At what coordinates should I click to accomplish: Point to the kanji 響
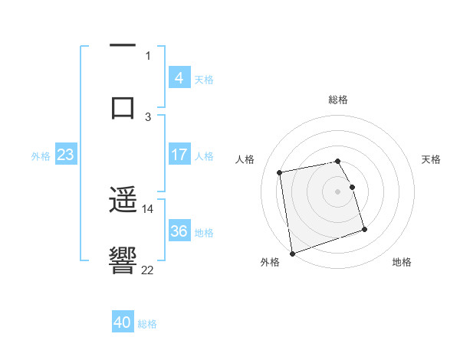click(123, 260)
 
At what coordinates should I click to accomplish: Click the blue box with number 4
click(179, 78)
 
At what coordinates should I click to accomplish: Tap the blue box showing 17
click(179, 155)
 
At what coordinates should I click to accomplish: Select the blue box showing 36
click(179, 231)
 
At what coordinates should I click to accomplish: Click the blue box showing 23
click(65, 155)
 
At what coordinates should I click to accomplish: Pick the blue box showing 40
click(122, 322)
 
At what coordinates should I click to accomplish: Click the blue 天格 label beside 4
click(204, 79)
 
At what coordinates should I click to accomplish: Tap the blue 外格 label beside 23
click(41, 155)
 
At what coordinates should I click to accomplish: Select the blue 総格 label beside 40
click(147, 323)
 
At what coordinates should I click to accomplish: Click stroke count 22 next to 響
click(148, 269)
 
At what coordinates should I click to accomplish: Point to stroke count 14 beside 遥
click(148, 208)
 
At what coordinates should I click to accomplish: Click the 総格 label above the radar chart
click(337, 100)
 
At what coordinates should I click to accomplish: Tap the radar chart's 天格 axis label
click(431, 159)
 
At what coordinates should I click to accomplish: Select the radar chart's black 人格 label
click(245, 159)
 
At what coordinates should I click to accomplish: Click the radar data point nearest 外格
click(291, 253)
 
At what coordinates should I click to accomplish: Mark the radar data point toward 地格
click(364, 229)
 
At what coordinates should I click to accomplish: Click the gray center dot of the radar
click(337, 191)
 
